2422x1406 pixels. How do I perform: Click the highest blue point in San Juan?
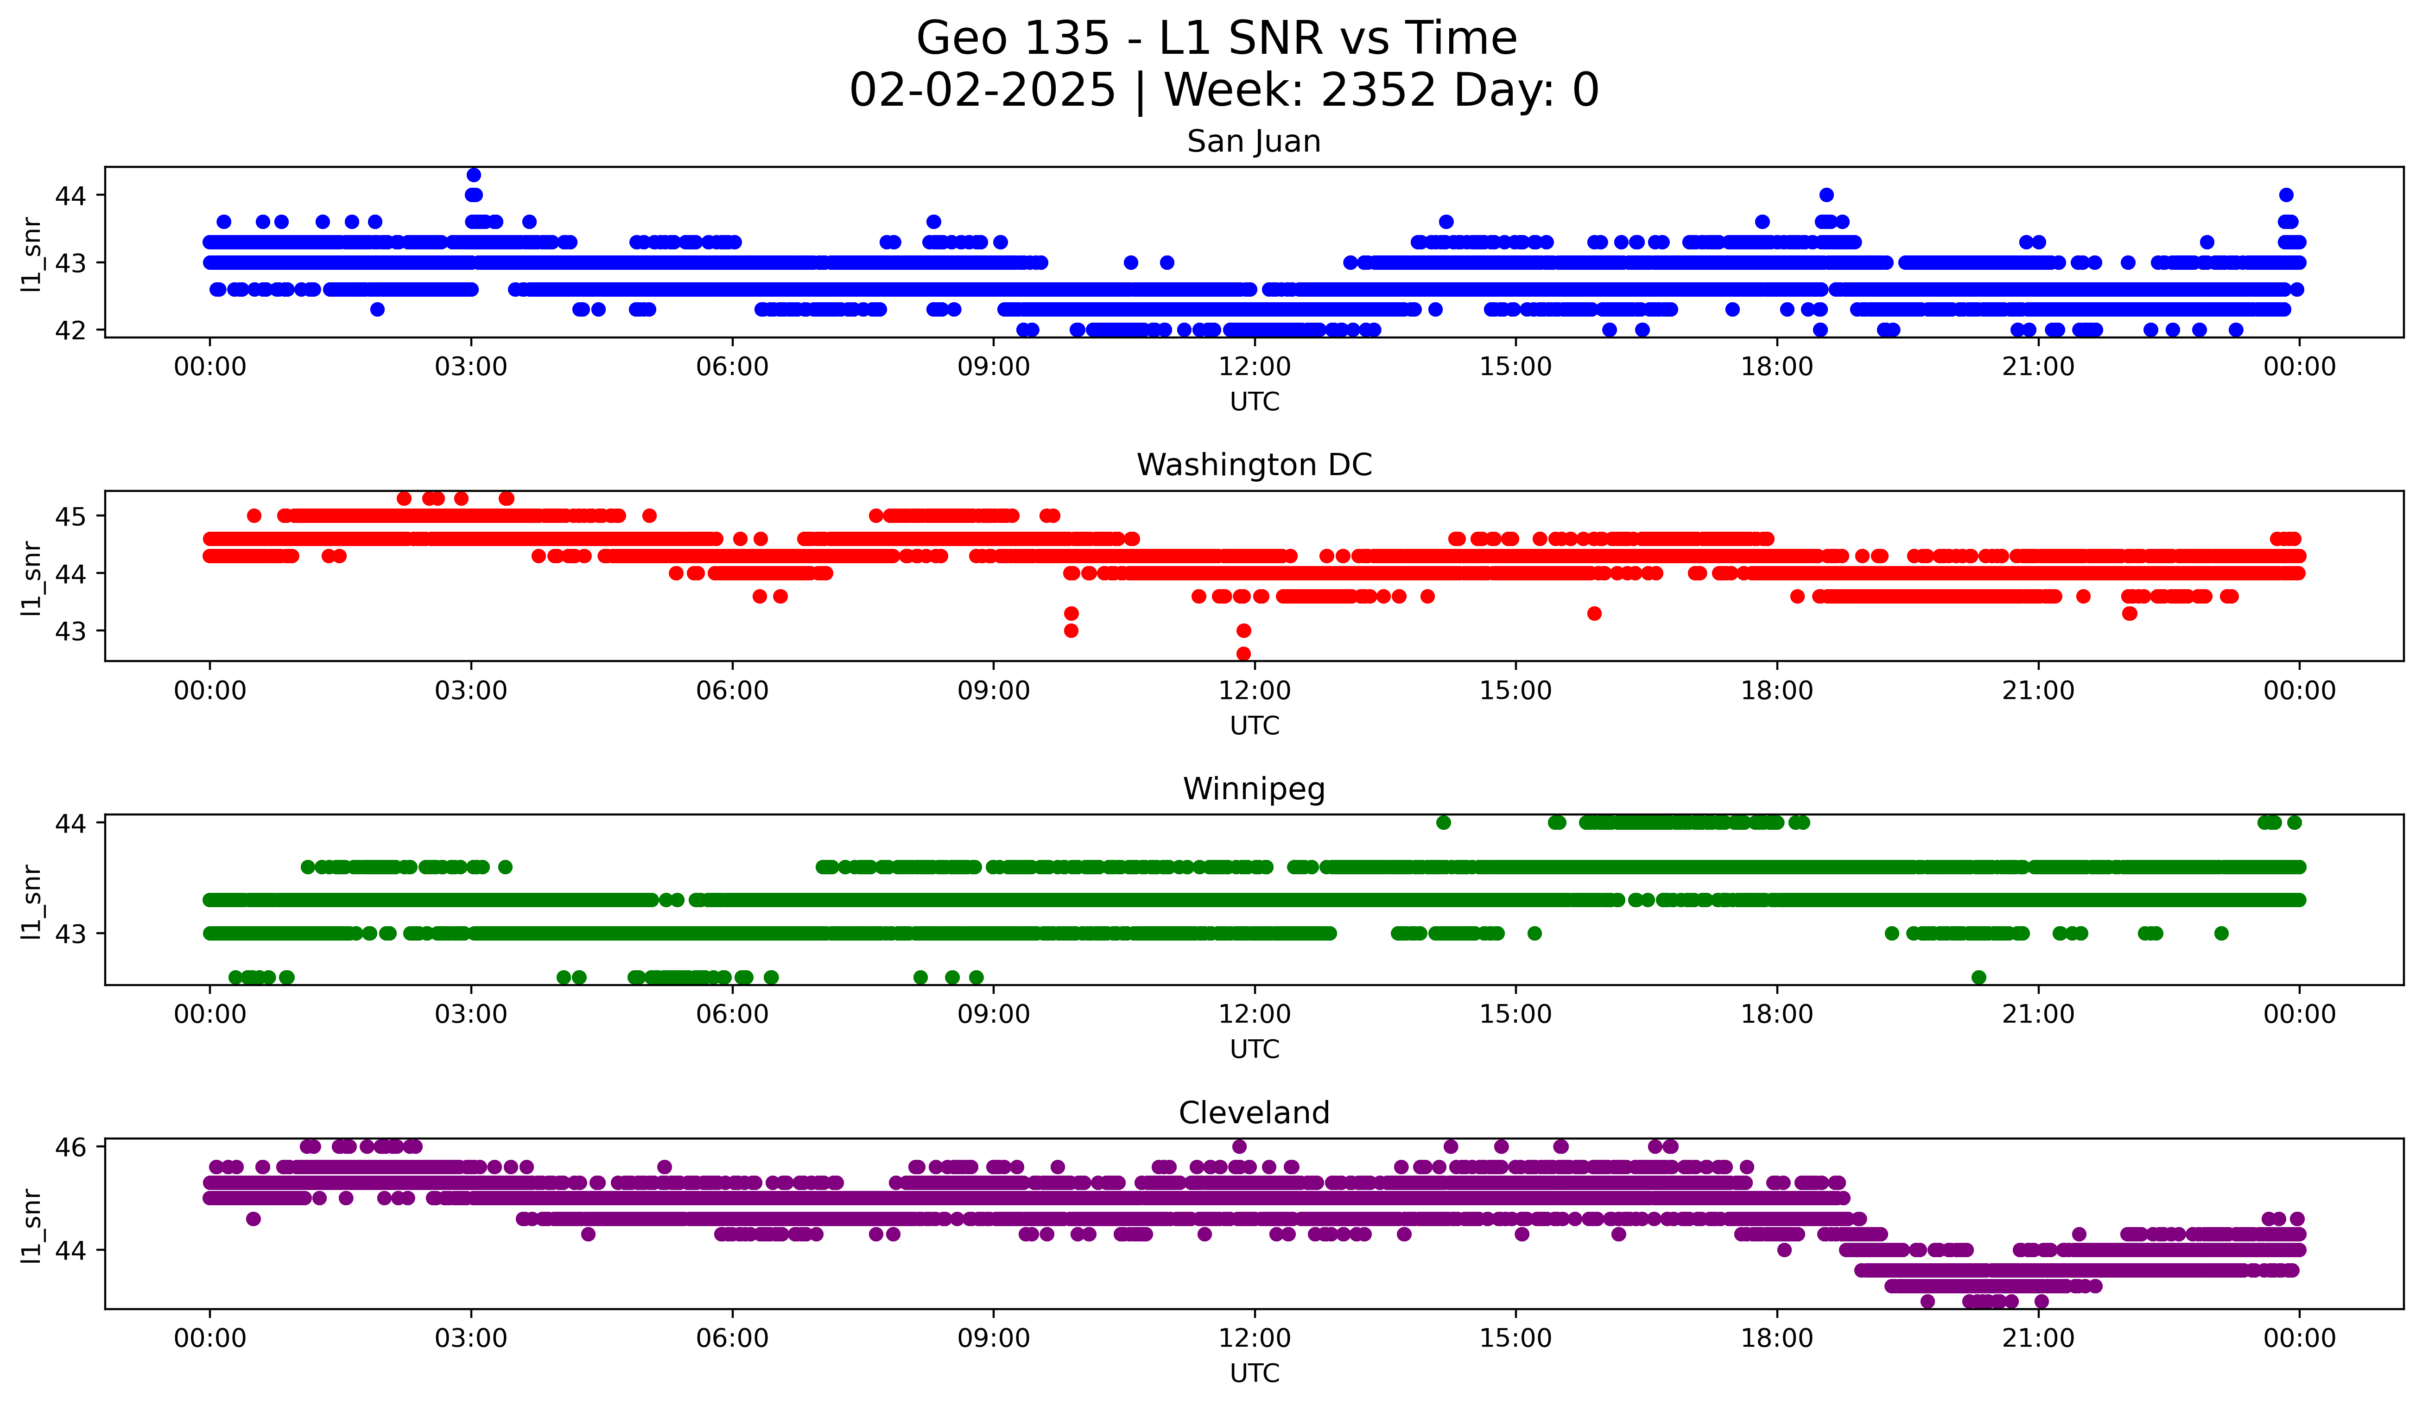click(473, 175)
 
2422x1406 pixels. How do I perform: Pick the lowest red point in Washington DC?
click(1243, 654)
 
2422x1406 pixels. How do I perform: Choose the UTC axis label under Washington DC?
click(1254, 725)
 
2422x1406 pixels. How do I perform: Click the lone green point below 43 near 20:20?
click(1978, 977)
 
